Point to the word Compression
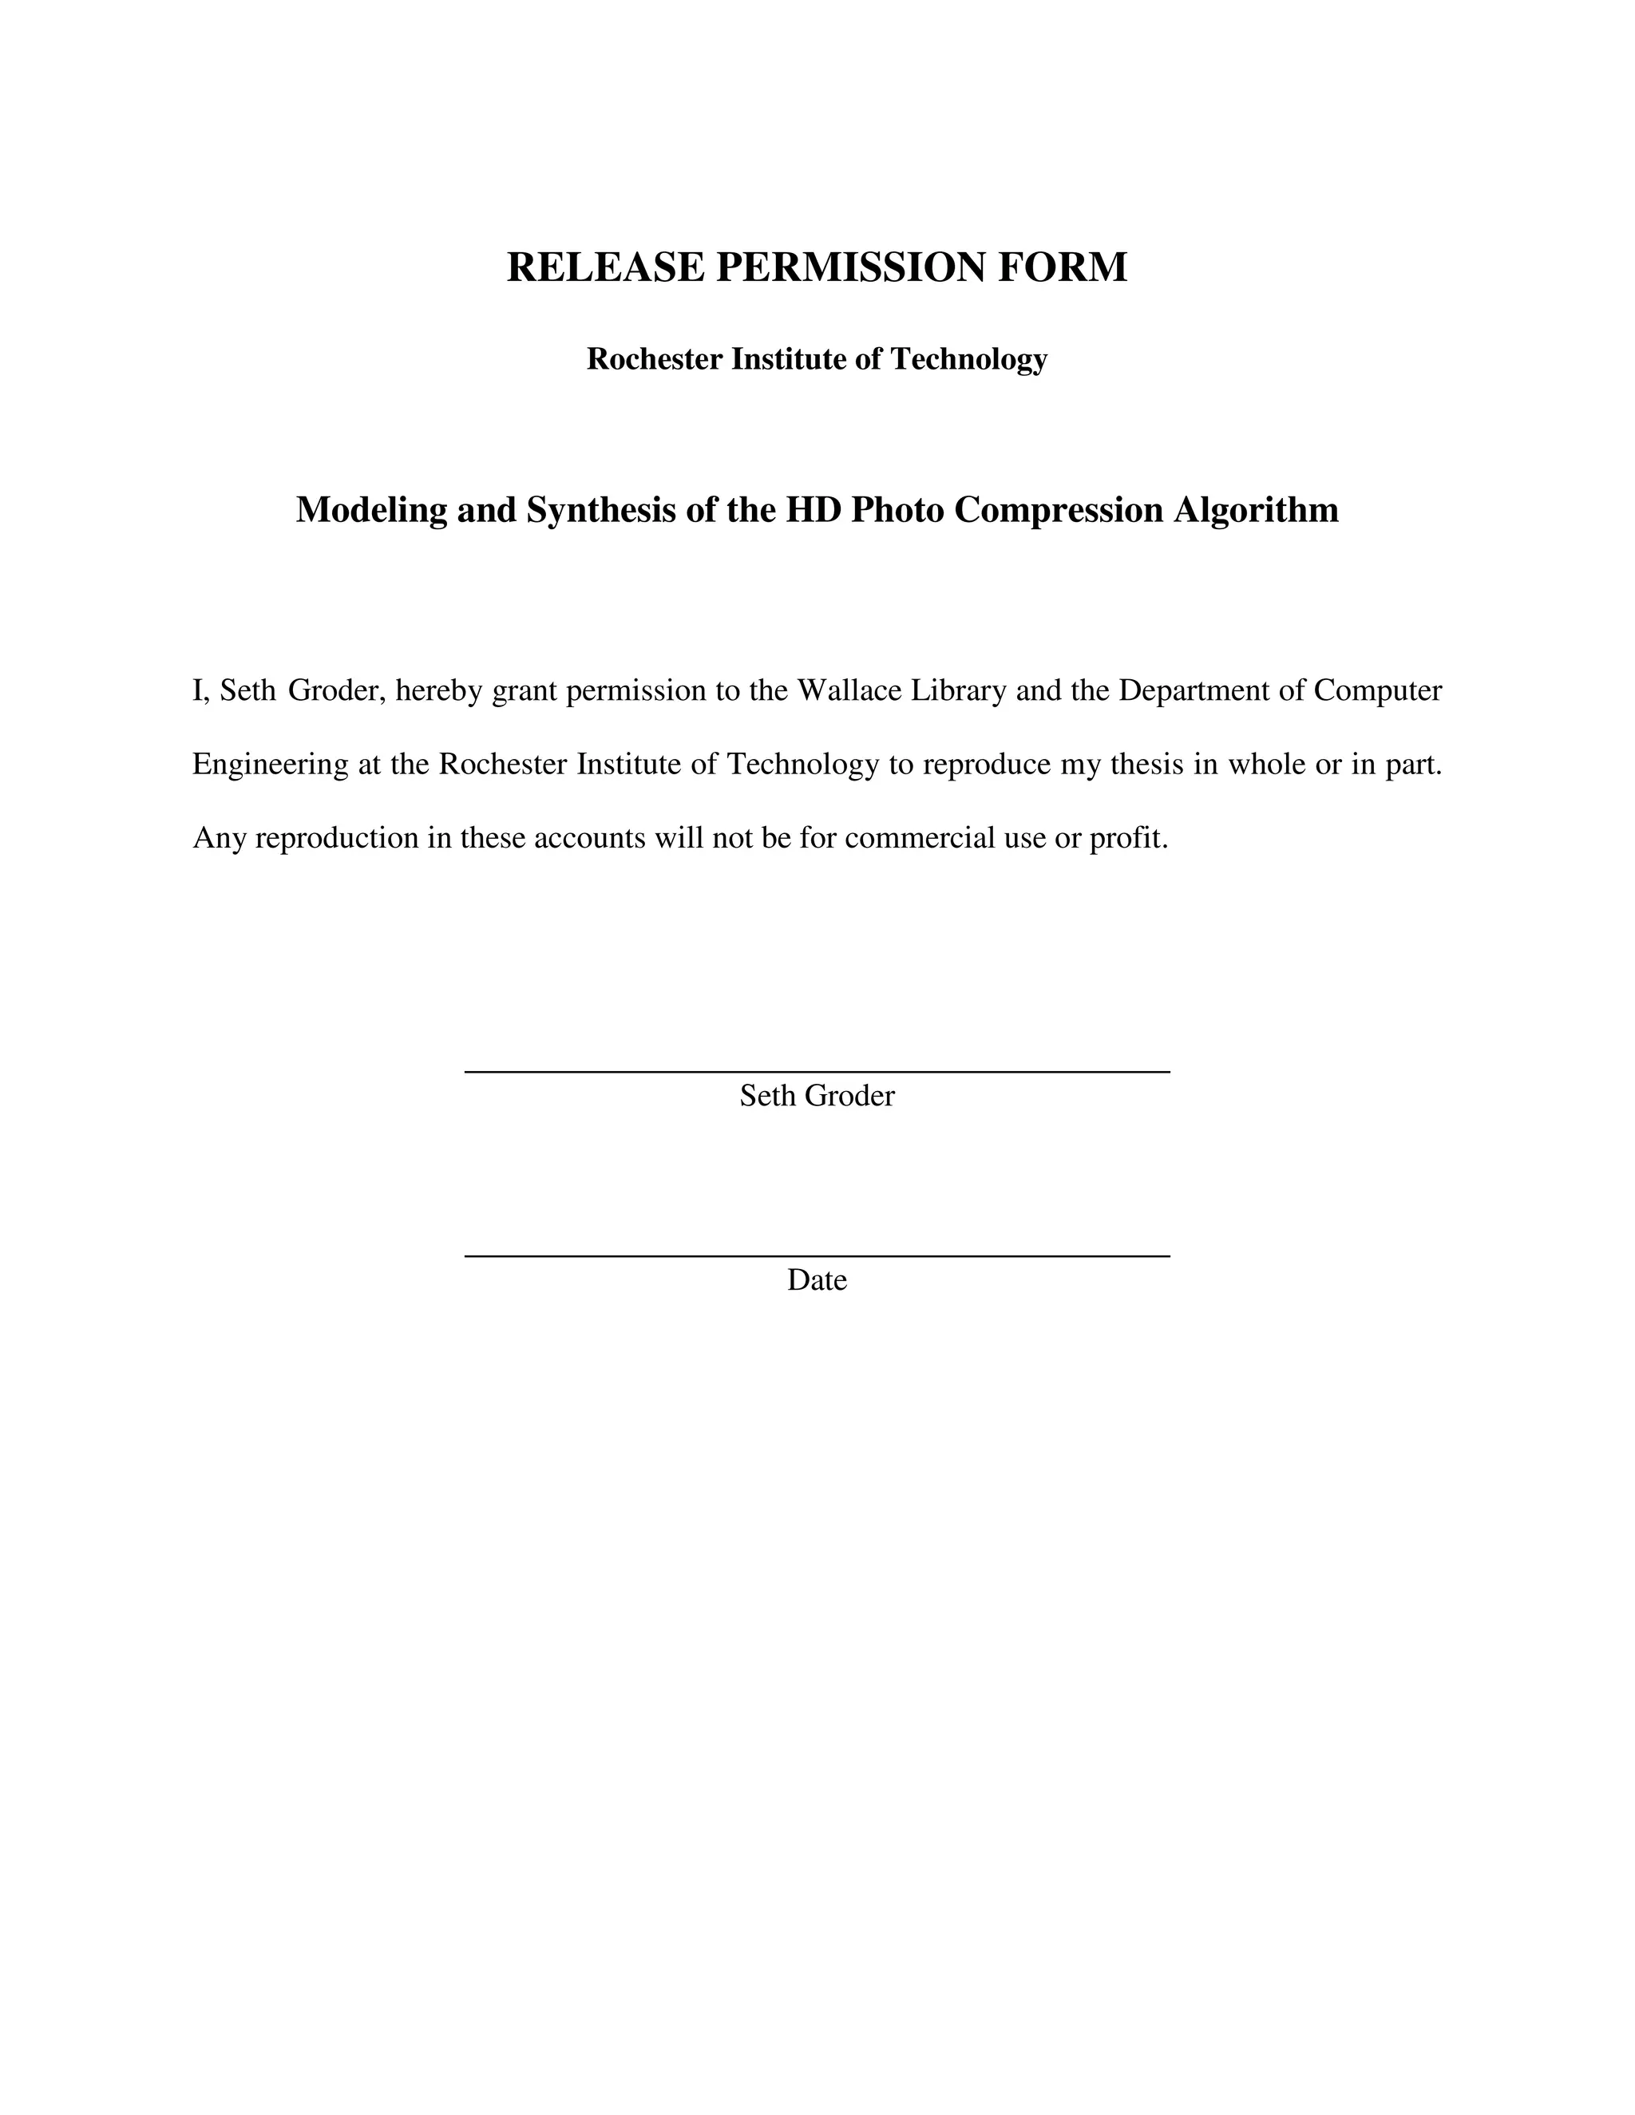pos(1059,510)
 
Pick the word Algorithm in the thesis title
pos(1257,510)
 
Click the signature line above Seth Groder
pos(817,1071)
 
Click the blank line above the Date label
pos(817,1255)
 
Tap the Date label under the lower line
pos(817,1280)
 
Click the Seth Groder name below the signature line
pos(817,1097)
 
